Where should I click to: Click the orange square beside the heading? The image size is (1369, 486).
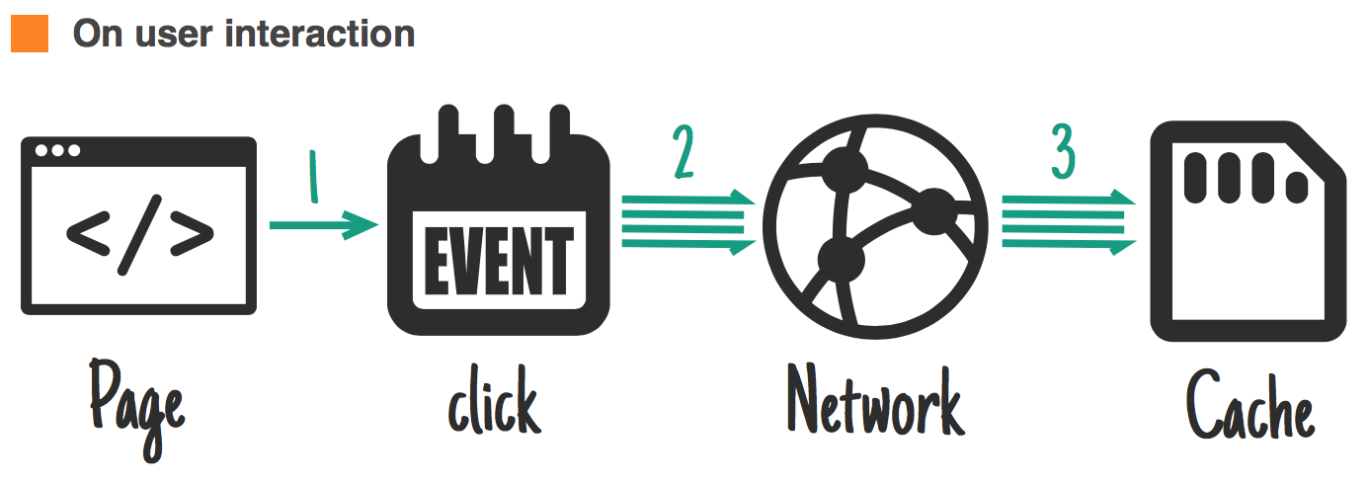click(29, 34)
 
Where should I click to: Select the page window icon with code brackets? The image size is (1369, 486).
click(138, 225)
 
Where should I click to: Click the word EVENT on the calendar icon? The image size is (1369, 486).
click(498, 259)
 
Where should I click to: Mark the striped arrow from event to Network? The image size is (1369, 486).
click(687, 223)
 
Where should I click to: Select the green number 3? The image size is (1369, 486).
click(1063, 153)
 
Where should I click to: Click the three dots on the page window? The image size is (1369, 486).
click(57, 150)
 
